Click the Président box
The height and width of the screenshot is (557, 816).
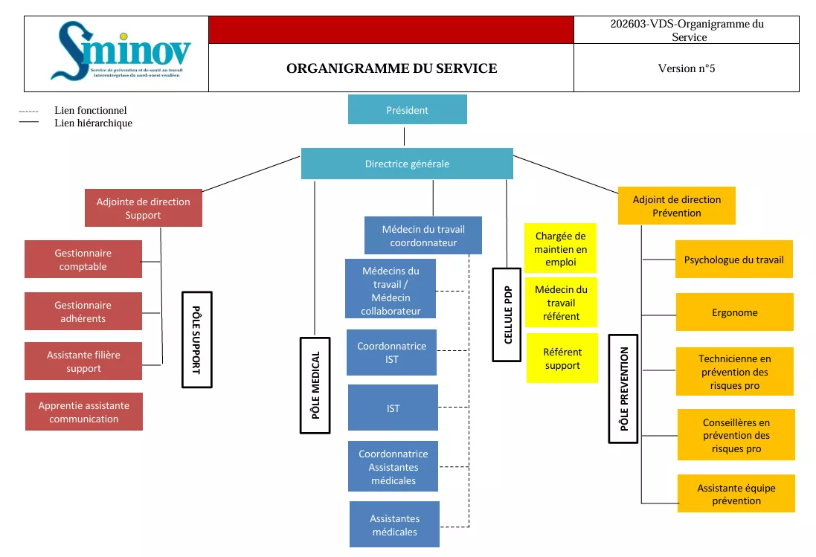pos(407,109)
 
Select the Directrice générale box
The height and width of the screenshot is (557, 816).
pos(407,164)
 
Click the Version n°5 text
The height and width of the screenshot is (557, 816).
pos(686,68)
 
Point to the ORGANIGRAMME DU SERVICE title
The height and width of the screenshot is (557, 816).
pos(391,68)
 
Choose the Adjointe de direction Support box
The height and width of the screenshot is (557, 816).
pos(144,208)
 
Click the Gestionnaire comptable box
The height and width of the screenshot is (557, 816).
pos(83,260)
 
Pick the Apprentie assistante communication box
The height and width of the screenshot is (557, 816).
pos(84,412)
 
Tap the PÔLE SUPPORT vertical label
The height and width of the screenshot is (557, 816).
pos(197,339)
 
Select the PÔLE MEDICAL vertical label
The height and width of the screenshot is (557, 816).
pos(315,385)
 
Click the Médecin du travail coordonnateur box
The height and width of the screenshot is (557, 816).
pos(423,236)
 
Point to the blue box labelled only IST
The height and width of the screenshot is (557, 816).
pos(393,408)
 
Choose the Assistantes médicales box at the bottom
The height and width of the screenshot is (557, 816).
pos(394,525)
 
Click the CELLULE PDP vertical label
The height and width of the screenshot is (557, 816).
pos(507,315)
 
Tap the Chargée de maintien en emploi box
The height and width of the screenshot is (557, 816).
pos(561,249)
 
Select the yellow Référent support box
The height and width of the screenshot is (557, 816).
pos(562,358)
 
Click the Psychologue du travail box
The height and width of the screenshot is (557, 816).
pos(734,260)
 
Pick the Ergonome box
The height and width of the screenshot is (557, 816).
pos(734,312)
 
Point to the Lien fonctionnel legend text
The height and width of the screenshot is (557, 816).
pos(91,110)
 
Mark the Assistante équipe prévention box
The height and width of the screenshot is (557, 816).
pos(736,494)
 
